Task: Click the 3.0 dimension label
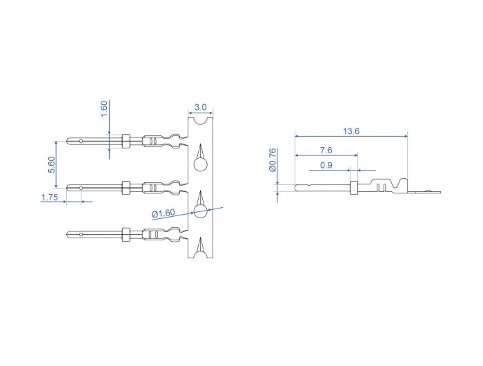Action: click(200, 107)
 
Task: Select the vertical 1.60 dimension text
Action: click(104, 109)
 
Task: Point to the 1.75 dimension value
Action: click(49, 198)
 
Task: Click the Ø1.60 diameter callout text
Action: click(164, 213)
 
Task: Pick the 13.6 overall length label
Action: click(351, 131)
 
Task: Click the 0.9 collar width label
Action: click(327, 165)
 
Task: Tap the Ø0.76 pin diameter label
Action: click(273, 160)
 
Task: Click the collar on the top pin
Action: click(126, 141)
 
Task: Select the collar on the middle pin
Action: click(126, 186)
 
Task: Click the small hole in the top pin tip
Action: click(81, 142)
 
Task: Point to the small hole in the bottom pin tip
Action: click(81, 235)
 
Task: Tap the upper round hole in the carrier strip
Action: click(200, 164)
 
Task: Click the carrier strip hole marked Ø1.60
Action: click(200, 211)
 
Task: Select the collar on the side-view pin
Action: click(354, 186)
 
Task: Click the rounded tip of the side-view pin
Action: click(296, 186)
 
